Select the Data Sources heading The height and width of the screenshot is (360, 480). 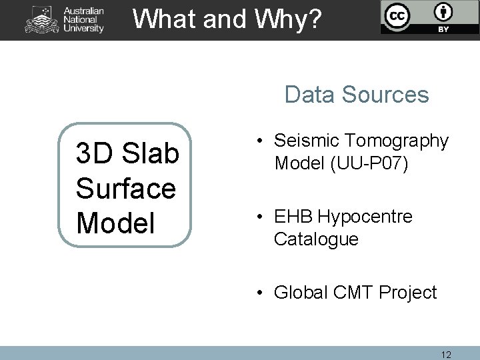pyautogui.click(x=357, y=95)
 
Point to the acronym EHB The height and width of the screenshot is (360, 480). pyautogui.click(x=294, y=217)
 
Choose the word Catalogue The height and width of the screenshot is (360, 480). pyautogui.click(x=316, y=239)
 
